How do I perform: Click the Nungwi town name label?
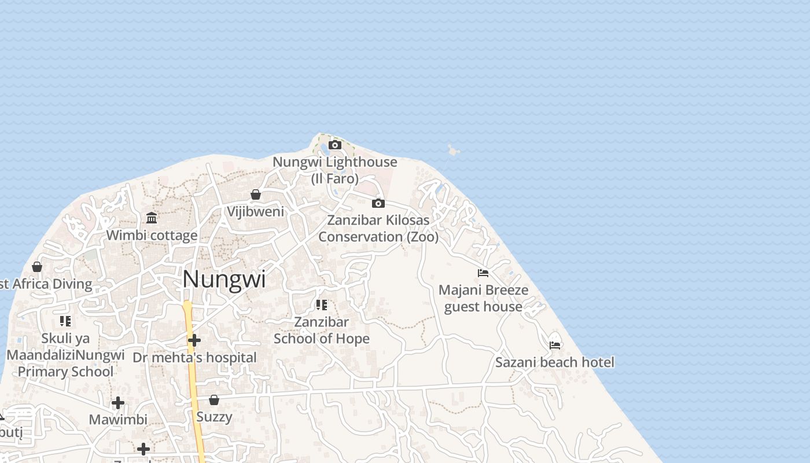point(224,280)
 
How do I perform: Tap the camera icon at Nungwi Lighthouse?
point(335,145)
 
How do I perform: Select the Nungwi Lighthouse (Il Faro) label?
point(335,170)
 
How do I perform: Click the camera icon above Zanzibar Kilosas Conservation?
point(378,203)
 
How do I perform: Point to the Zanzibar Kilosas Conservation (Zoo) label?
point(378,229)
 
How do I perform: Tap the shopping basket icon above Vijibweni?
point(256,194)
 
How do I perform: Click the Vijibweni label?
point(256,212)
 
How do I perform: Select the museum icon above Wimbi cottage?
point(152,218)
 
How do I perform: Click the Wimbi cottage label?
point(152,236)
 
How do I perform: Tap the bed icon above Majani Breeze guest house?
point(483,273)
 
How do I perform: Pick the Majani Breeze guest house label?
point(483,298)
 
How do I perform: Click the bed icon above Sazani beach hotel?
point(555,345)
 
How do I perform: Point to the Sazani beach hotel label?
point(555,362)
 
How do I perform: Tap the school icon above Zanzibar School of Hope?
point(322,304)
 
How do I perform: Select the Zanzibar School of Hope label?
point(322,330)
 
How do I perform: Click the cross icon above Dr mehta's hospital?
point(194,340)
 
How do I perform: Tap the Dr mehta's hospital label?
point(194,358)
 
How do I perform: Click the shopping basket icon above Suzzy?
point(214,400)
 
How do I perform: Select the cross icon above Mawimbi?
point(118,402)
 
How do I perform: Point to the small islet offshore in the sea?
point(454,151)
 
